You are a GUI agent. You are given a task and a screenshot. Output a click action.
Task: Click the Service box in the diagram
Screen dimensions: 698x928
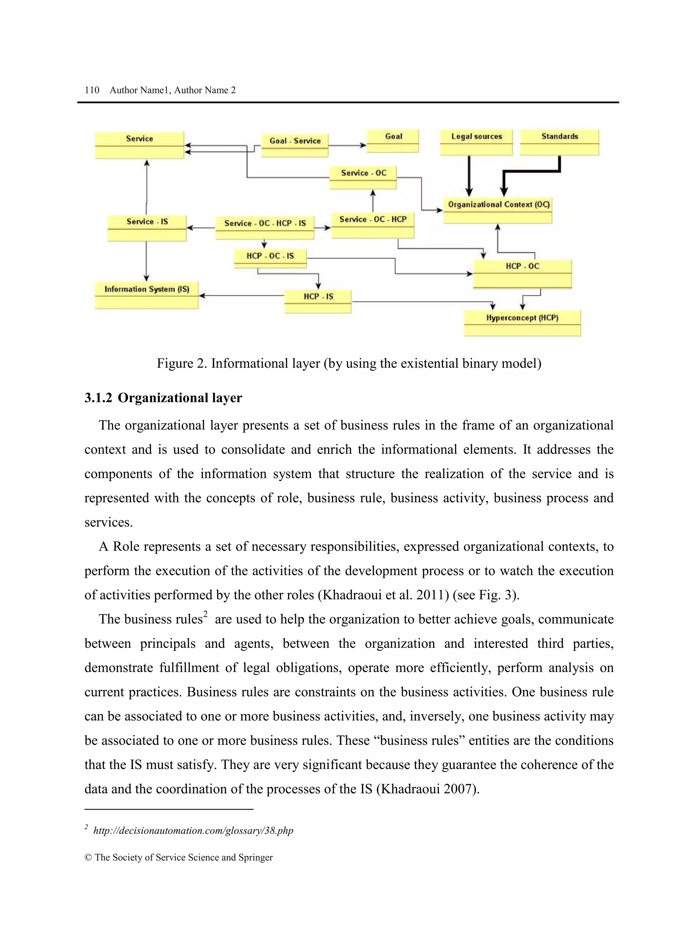tap(139, 145)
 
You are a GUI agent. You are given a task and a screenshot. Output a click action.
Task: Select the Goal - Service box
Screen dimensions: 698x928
tap(294, 145)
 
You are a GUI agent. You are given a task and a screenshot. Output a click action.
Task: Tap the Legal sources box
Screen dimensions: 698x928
tap(476, 142)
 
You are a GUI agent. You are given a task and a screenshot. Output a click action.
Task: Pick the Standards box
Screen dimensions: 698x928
tap(559, 142)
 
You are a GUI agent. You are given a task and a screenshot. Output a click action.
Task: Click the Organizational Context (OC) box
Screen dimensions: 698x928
tap(497, 210)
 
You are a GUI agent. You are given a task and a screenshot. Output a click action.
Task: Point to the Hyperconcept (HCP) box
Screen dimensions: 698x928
tap(522, 323)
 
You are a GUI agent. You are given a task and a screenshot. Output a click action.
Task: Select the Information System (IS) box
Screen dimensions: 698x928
tap(146, 294)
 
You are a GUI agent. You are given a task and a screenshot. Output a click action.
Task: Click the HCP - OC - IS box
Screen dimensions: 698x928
tap(270, 258)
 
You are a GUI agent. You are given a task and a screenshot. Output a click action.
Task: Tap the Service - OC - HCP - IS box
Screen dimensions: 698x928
tap(264, 227)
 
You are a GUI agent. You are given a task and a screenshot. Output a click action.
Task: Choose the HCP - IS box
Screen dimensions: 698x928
tap(318, 301)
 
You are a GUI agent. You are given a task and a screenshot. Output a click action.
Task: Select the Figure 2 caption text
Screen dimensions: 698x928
tap(349, 363)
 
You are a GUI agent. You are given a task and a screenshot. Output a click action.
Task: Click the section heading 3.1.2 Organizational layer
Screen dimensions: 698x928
tap(163, 398)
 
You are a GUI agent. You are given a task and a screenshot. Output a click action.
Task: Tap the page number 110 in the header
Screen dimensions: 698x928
tap(92, 90)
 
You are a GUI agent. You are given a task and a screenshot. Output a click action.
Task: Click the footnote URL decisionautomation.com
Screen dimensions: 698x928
tap(193, 831)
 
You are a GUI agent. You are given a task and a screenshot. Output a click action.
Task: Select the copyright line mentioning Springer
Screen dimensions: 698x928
tap(179, 858)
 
